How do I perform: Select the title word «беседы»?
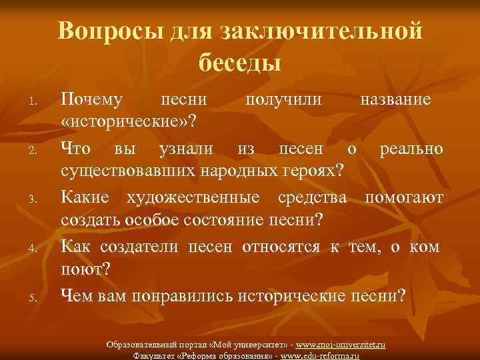pos(239,63)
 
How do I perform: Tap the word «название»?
pos(395,99)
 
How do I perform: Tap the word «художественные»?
pos(199,197)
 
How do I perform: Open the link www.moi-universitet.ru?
pos(341,345)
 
